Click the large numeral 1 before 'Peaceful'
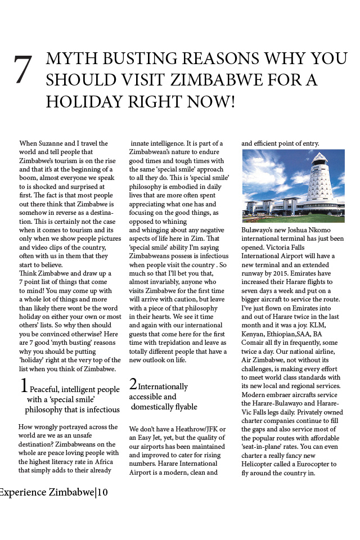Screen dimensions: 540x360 tap(24, 386)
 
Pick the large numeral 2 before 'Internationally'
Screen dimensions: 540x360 tap(133, 384)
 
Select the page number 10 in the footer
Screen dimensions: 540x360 tap(102, 493)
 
